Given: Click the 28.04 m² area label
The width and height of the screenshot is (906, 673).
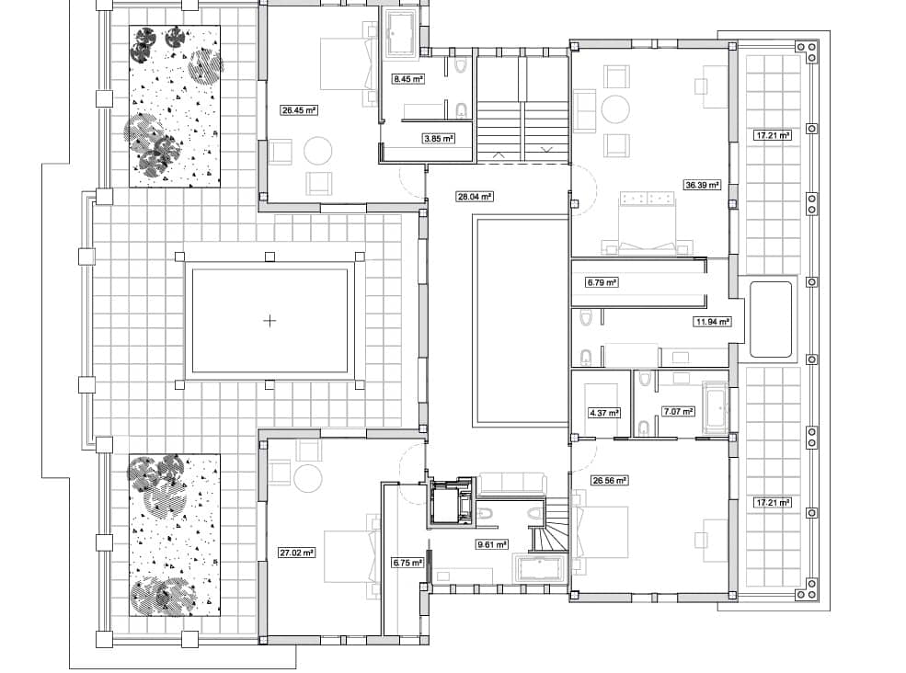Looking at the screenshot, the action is point(475,197).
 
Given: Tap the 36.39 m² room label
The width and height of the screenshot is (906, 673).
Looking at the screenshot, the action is point(702,186).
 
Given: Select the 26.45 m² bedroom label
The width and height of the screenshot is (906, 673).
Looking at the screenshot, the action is point(299,109).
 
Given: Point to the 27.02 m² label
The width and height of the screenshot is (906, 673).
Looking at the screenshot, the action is point(297,553).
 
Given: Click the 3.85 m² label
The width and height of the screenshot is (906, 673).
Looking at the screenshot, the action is point(439,139).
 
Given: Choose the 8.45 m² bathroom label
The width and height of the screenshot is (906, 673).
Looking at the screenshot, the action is point(408,78).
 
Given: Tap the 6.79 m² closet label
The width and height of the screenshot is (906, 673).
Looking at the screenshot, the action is point(602,282).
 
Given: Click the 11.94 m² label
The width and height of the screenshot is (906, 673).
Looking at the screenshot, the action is point(712,321).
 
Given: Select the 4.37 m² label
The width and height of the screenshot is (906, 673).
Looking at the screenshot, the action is point(603,413).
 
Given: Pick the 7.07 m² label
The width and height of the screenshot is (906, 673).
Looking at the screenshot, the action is point(678,412).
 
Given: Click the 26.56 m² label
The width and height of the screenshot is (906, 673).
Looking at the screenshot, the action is point(610,480).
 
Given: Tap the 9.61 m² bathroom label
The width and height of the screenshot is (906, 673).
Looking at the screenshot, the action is point(492,544).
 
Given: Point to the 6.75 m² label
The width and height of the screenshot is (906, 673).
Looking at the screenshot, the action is point(408,562).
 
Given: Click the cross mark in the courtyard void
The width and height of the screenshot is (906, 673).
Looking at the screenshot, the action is point(270,321).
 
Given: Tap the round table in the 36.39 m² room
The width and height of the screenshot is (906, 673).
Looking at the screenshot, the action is point(616,109).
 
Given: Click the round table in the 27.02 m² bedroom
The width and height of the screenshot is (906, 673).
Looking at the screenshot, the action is point(308,478).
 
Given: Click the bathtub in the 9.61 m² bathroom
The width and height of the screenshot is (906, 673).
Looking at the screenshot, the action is point(541,569).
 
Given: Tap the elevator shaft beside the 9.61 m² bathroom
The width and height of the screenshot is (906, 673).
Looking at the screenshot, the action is point(450,501).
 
